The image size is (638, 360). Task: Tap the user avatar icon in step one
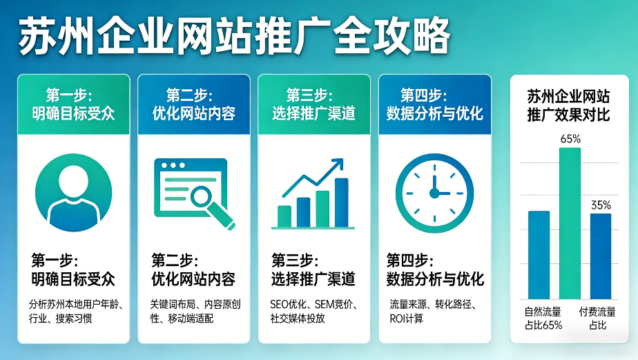tap(73, 191)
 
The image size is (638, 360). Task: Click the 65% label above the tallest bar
tap(570, 138)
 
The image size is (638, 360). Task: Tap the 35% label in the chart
tap(601, 205)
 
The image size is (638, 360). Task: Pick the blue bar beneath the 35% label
tap(601, 256)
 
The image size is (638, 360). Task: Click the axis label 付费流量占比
tap(597, 318)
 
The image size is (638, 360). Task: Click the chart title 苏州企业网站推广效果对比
tap(568, 105)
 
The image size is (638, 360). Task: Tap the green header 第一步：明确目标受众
tap(73, 104)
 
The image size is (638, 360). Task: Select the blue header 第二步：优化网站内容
tap(193, 104)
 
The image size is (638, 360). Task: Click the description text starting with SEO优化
tap(313, 311)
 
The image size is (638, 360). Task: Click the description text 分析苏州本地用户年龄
tap(73, 311)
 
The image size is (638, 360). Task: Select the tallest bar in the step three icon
tap(341, 202)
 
